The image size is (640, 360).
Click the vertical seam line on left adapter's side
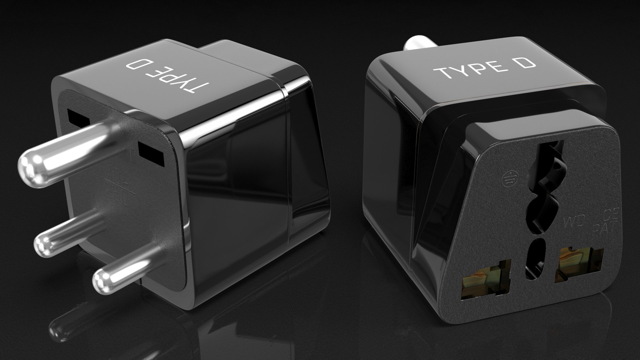[x=287, y=167]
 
